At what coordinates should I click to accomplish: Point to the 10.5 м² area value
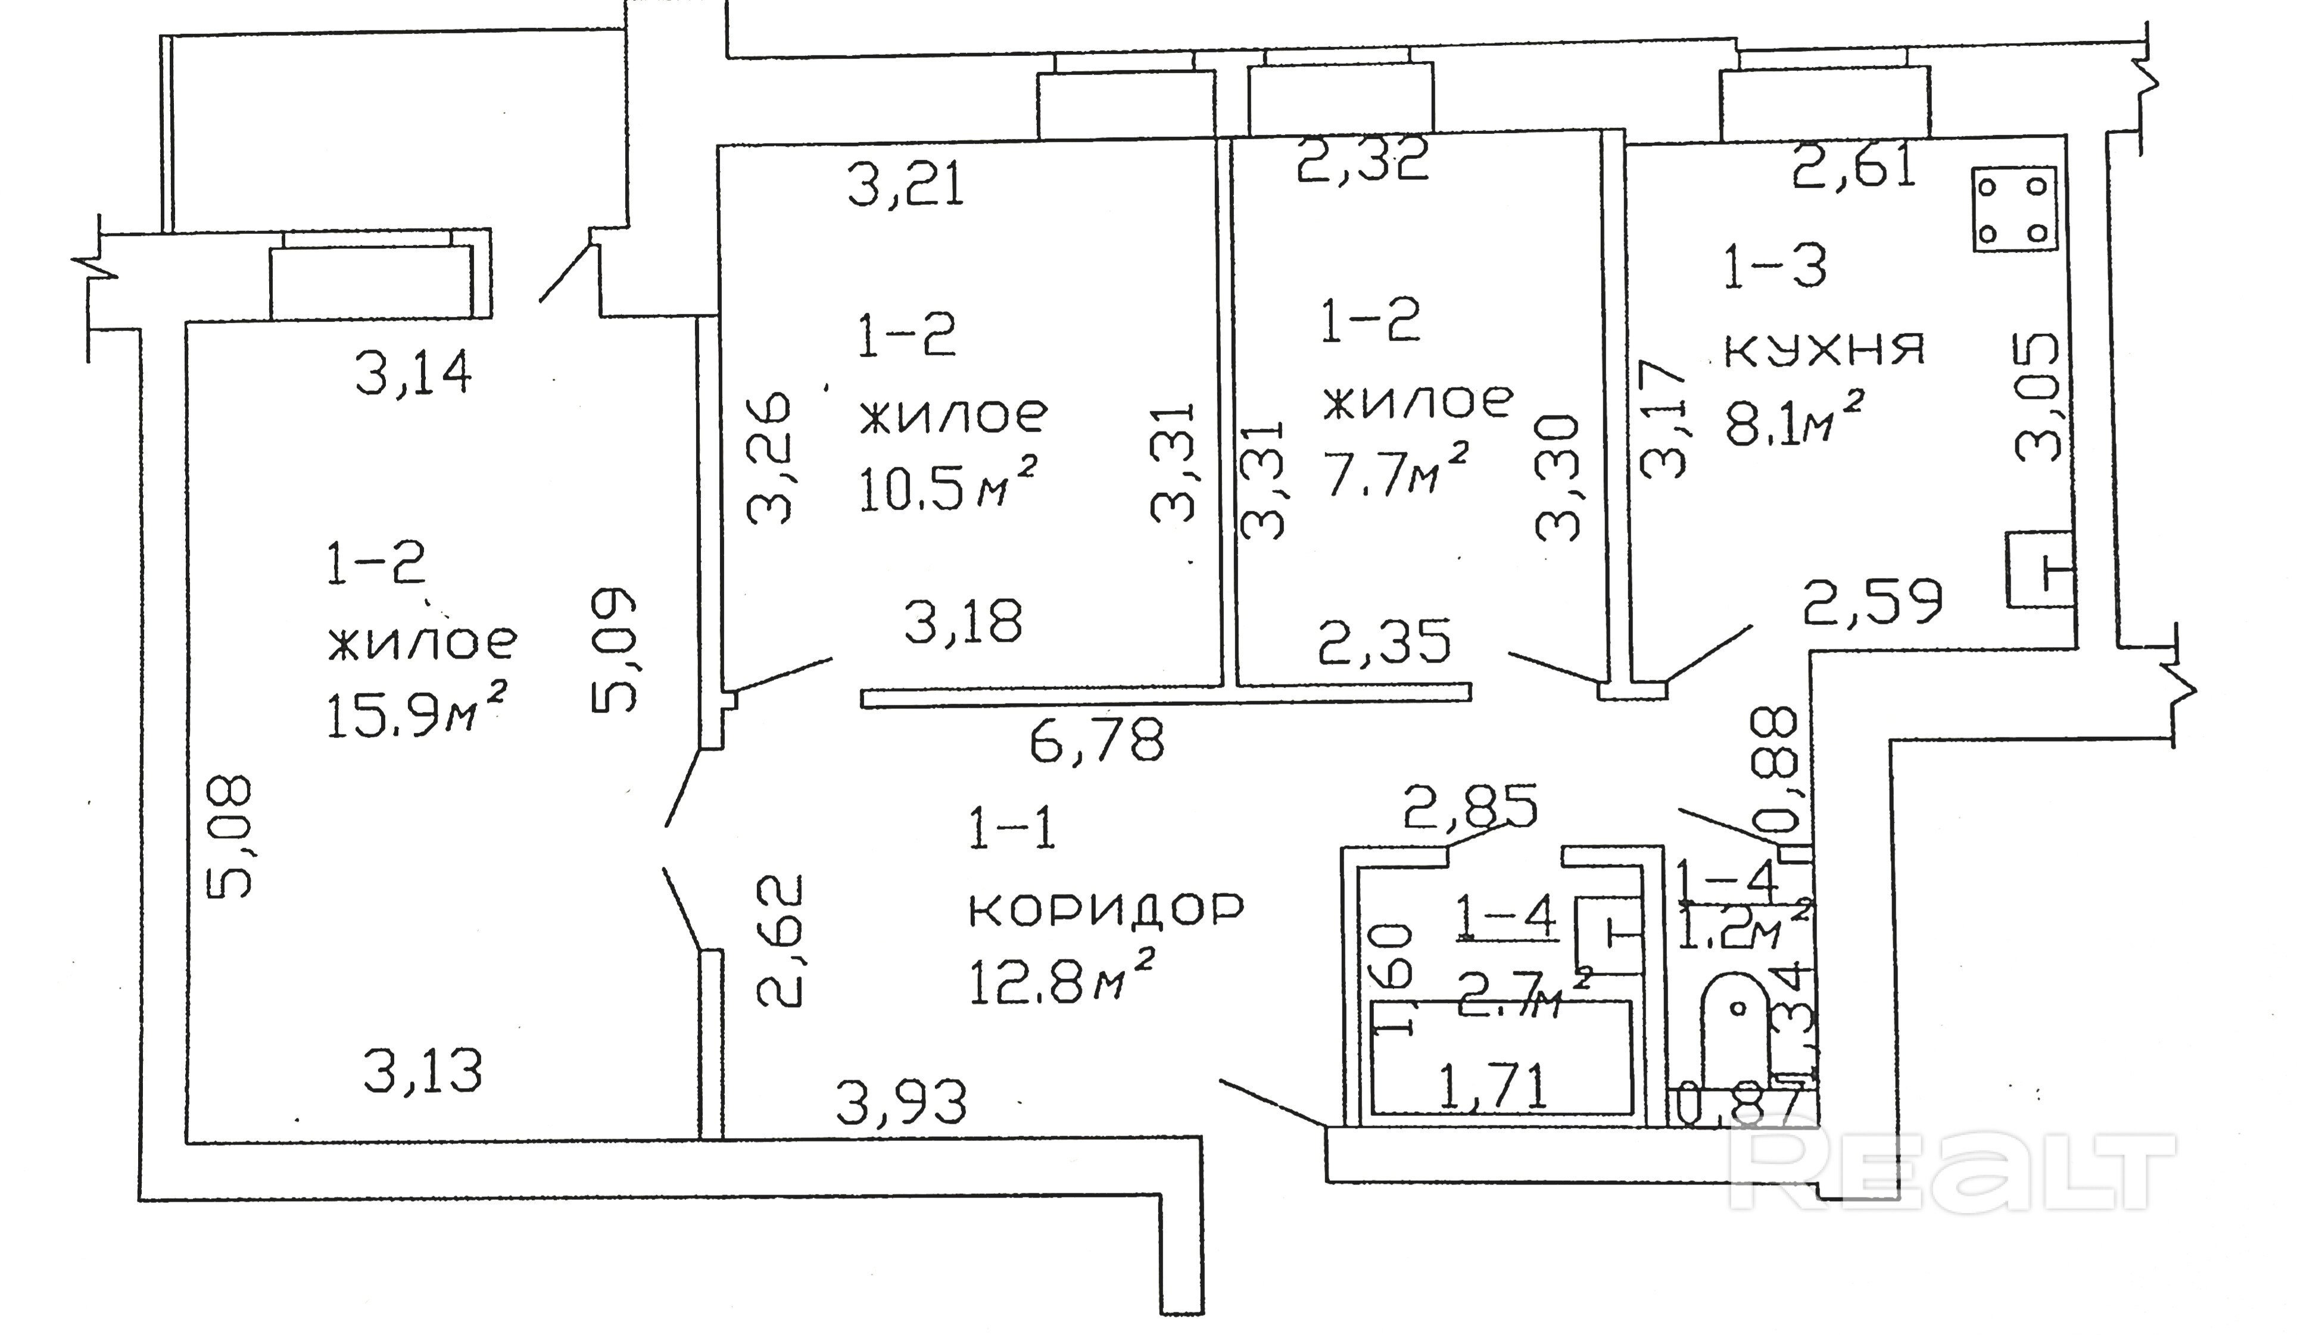(948, 492)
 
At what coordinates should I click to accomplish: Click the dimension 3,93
(900, 1103)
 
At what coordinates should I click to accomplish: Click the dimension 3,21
(905, 187)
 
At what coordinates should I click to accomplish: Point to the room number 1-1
(1012, 831)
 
